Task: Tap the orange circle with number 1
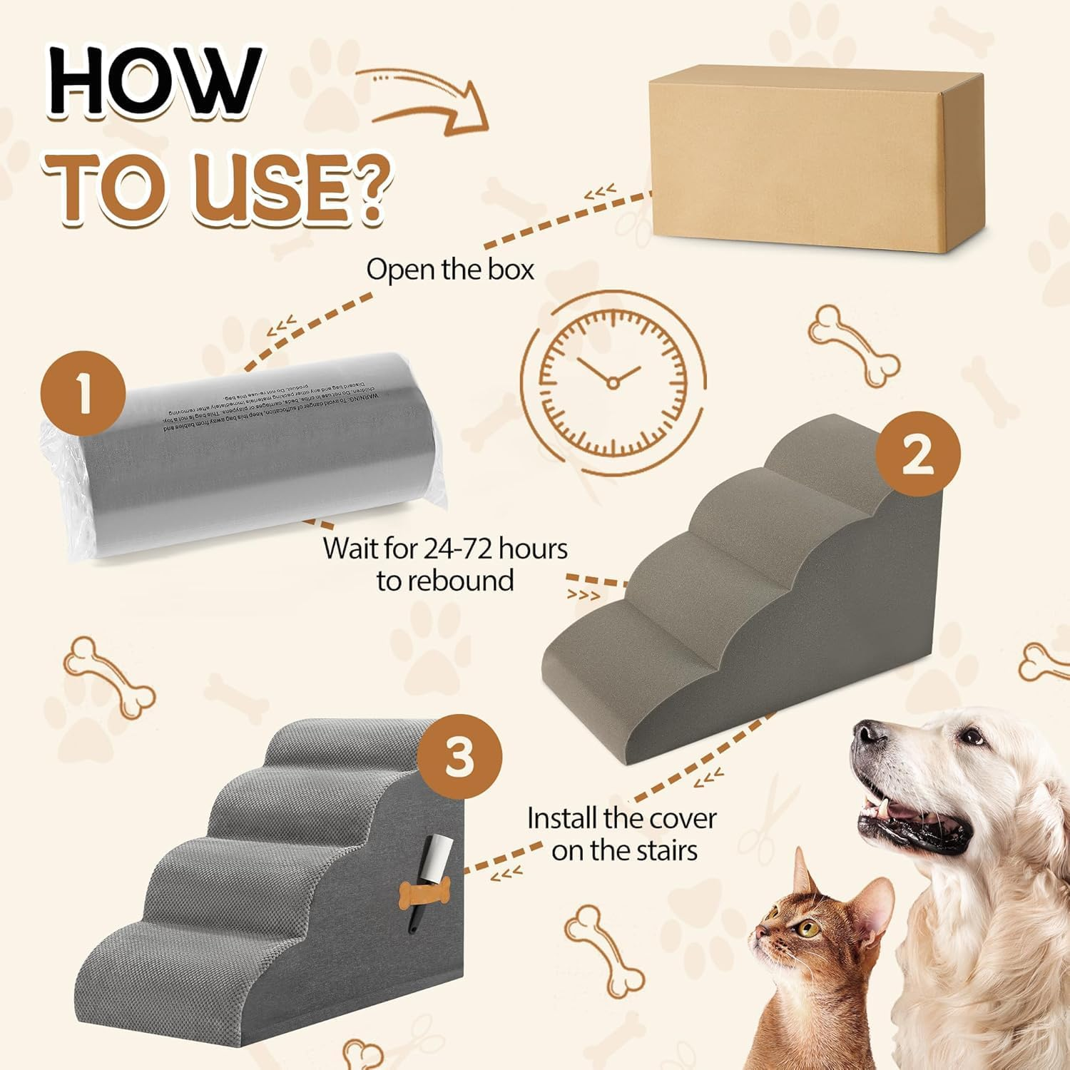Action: coord(84,393)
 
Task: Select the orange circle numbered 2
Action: coord(917,454)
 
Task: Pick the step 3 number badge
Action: coord(459,757)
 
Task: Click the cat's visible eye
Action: coord(807,928)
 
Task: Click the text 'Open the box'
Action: coord(450,270)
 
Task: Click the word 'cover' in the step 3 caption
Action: coord(678,818)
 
